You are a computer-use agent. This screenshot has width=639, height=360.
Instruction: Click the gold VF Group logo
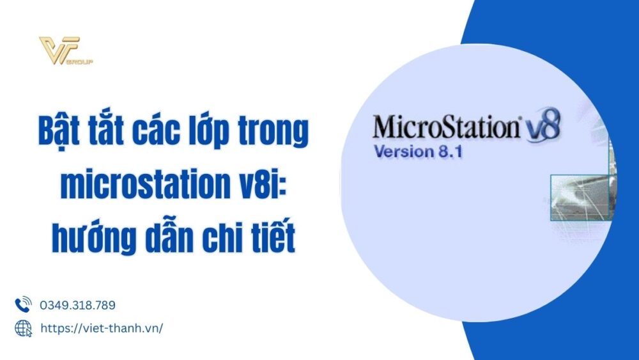pos(65,51)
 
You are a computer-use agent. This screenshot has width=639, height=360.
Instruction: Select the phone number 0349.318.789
pos(77,306)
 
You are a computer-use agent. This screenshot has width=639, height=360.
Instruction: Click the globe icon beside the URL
pos(23,328)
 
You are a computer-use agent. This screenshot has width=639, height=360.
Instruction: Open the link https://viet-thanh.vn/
pos(102,328)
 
